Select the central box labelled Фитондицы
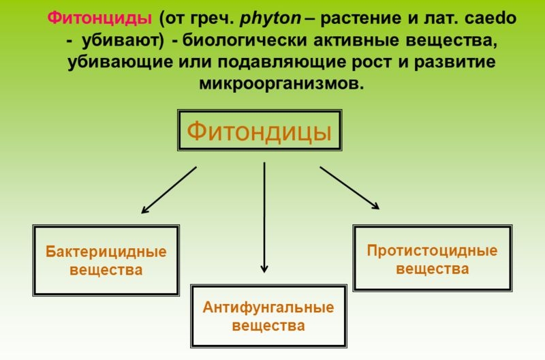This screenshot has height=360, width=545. tap(260, 130)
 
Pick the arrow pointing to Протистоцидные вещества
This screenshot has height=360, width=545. tap(349, 187)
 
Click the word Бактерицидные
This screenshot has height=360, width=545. tap(106, 252)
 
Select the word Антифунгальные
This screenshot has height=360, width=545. tap(268, 307)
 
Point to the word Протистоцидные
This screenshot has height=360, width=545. tap(432, 250)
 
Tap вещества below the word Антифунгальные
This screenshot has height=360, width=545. tap(268, 326)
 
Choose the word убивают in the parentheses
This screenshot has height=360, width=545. tap(122, 41)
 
